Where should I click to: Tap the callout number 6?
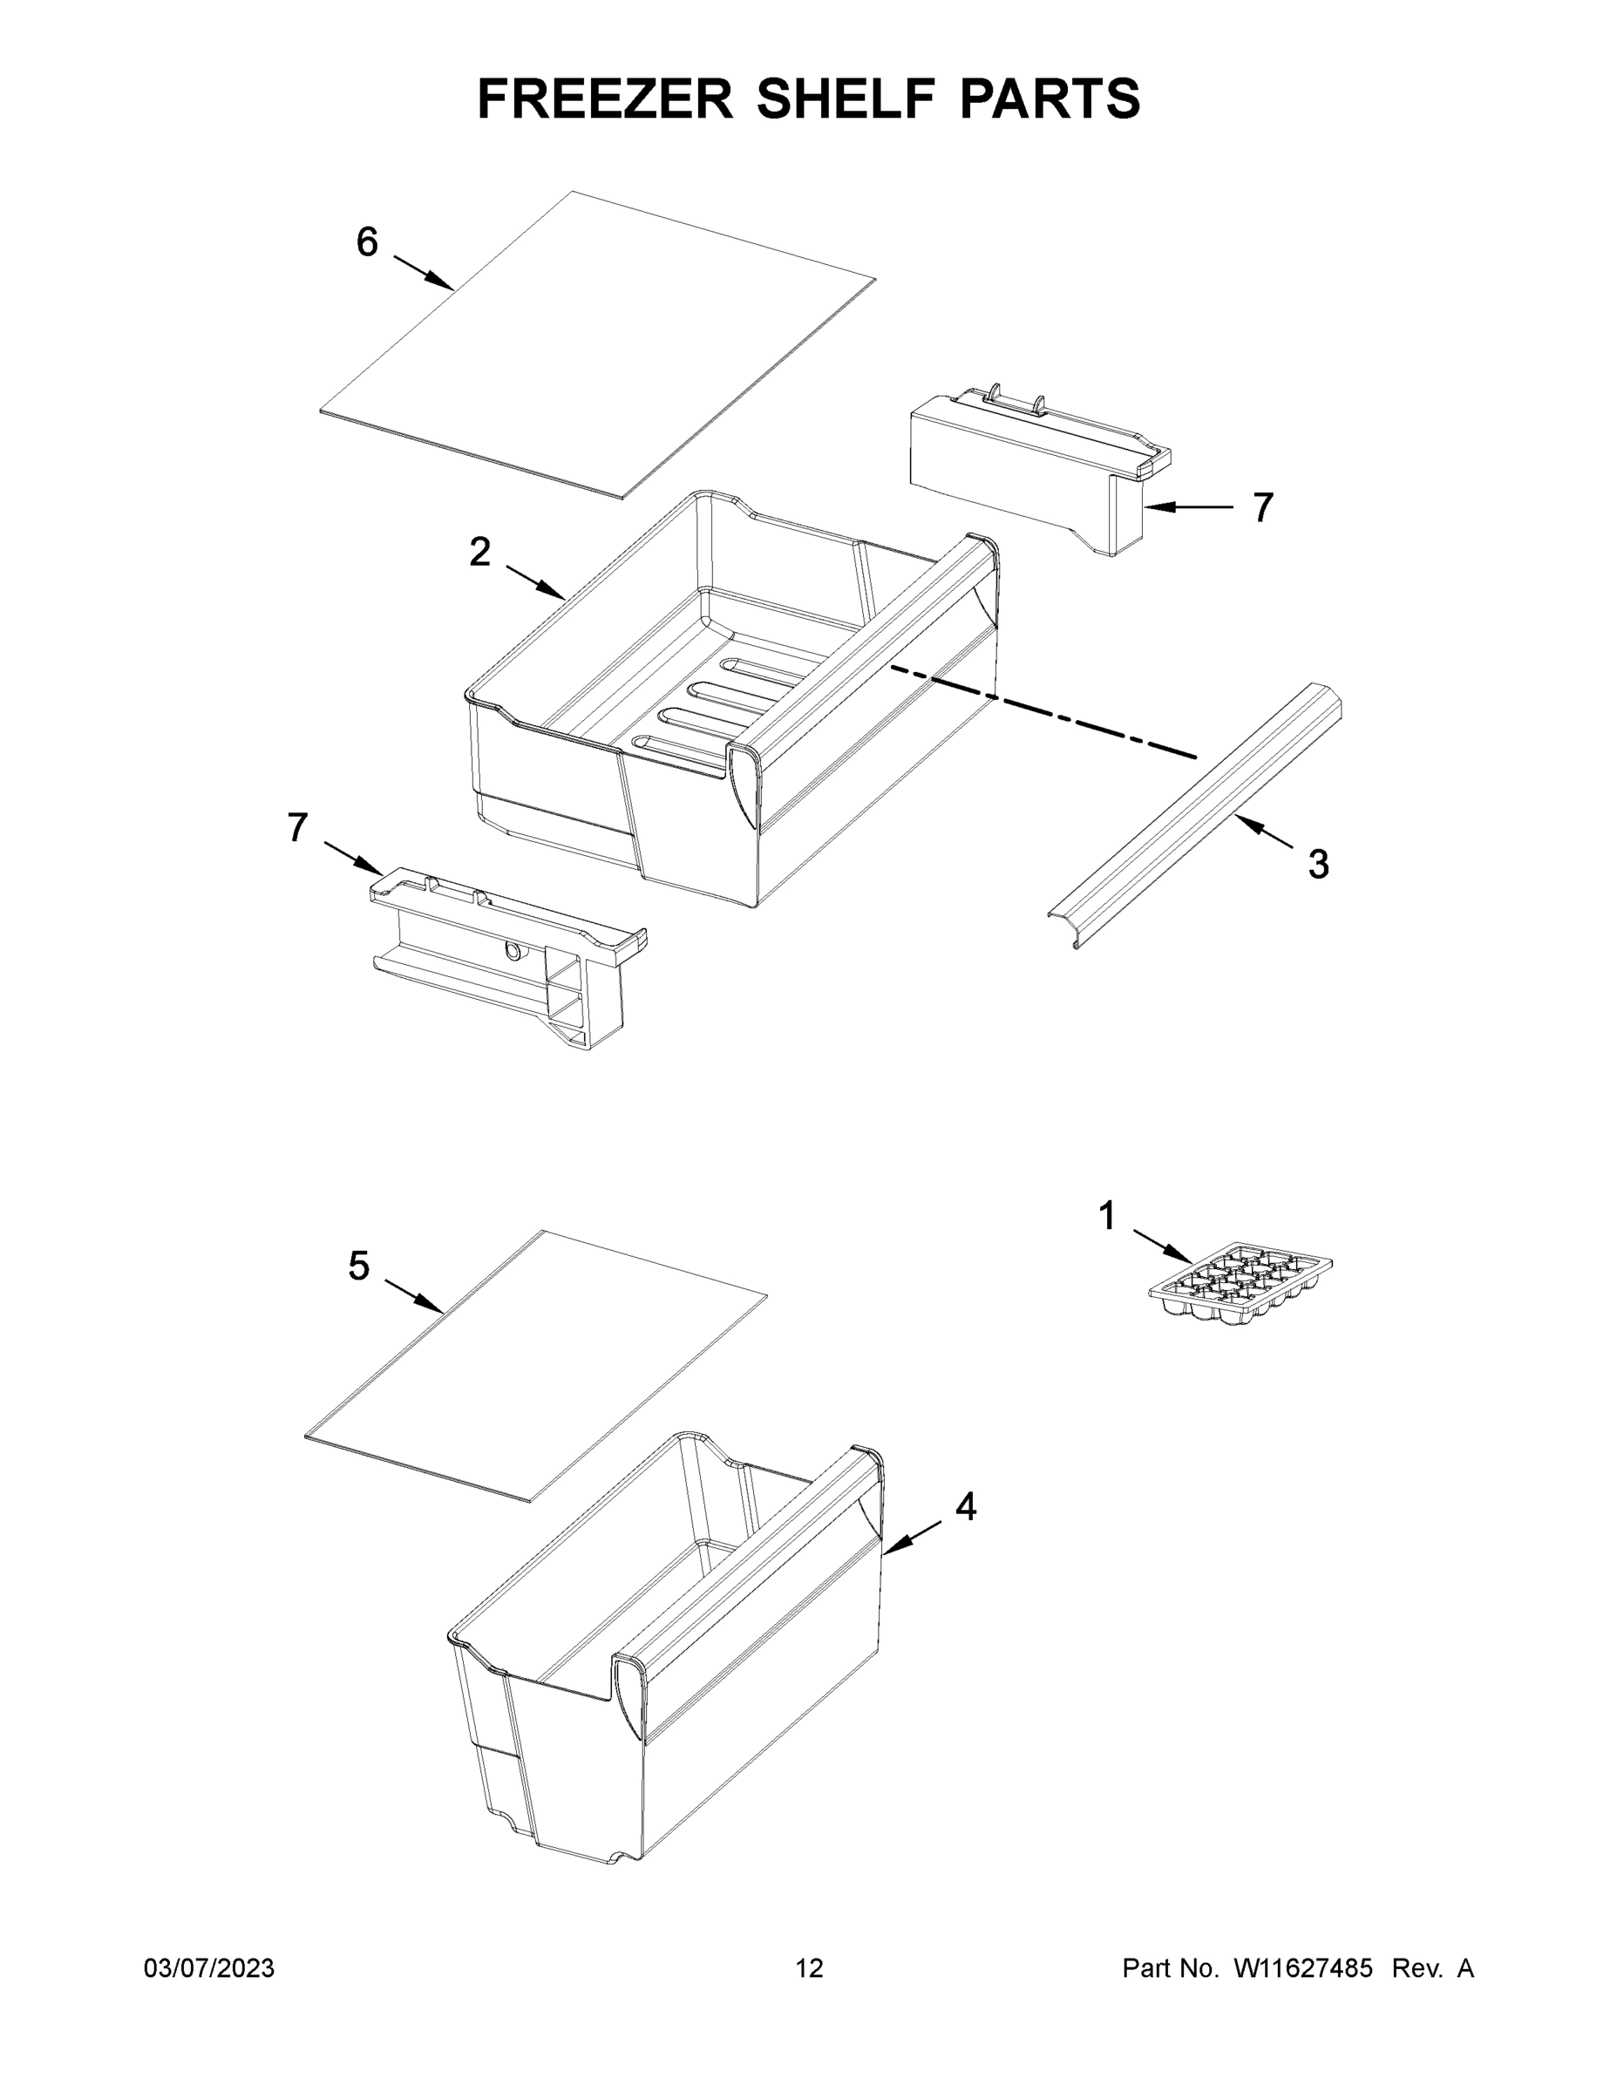pyautogui.click(x=367, y=242)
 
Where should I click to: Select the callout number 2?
pyautogui.click(x=480, y=552)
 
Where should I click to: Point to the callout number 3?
pyautogui.click(x=1318, y=864)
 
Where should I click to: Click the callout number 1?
pyautogui.click(x=1106, y=1217)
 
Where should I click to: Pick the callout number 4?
pyautogui.click(x=966, y=1507)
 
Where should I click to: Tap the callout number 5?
pyautogui.click(x=358, y=1267)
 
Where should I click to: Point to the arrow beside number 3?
pyautogui.click(x=1262, y=833)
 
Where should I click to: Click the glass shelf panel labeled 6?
pyautogui.click(x=599, y=345)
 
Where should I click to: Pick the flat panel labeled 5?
pyautogui.click(x=536, y=1365)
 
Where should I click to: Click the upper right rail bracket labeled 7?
pyautogui.click(x=1039, y=469)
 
